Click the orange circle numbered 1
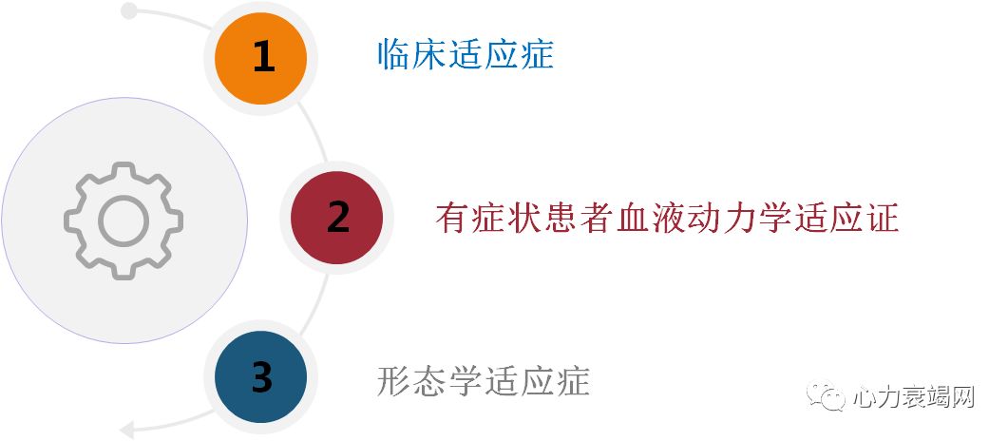[261, 58]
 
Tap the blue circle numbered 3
[261, 377]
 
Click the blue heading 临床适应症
[465, 54]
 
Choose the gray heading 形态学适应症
[483, 380]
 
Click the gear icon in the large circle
[124, 220]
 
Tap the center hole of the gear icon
[124, 220]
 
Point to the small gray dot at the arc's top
[129, 11]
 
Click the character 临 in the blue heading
[393, 54]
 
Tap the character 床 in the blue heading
[429, 54]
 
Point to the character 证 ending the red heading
[882, 219]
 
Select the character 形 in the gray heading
[393, 380]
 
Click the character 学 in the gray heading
[466, 380]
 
